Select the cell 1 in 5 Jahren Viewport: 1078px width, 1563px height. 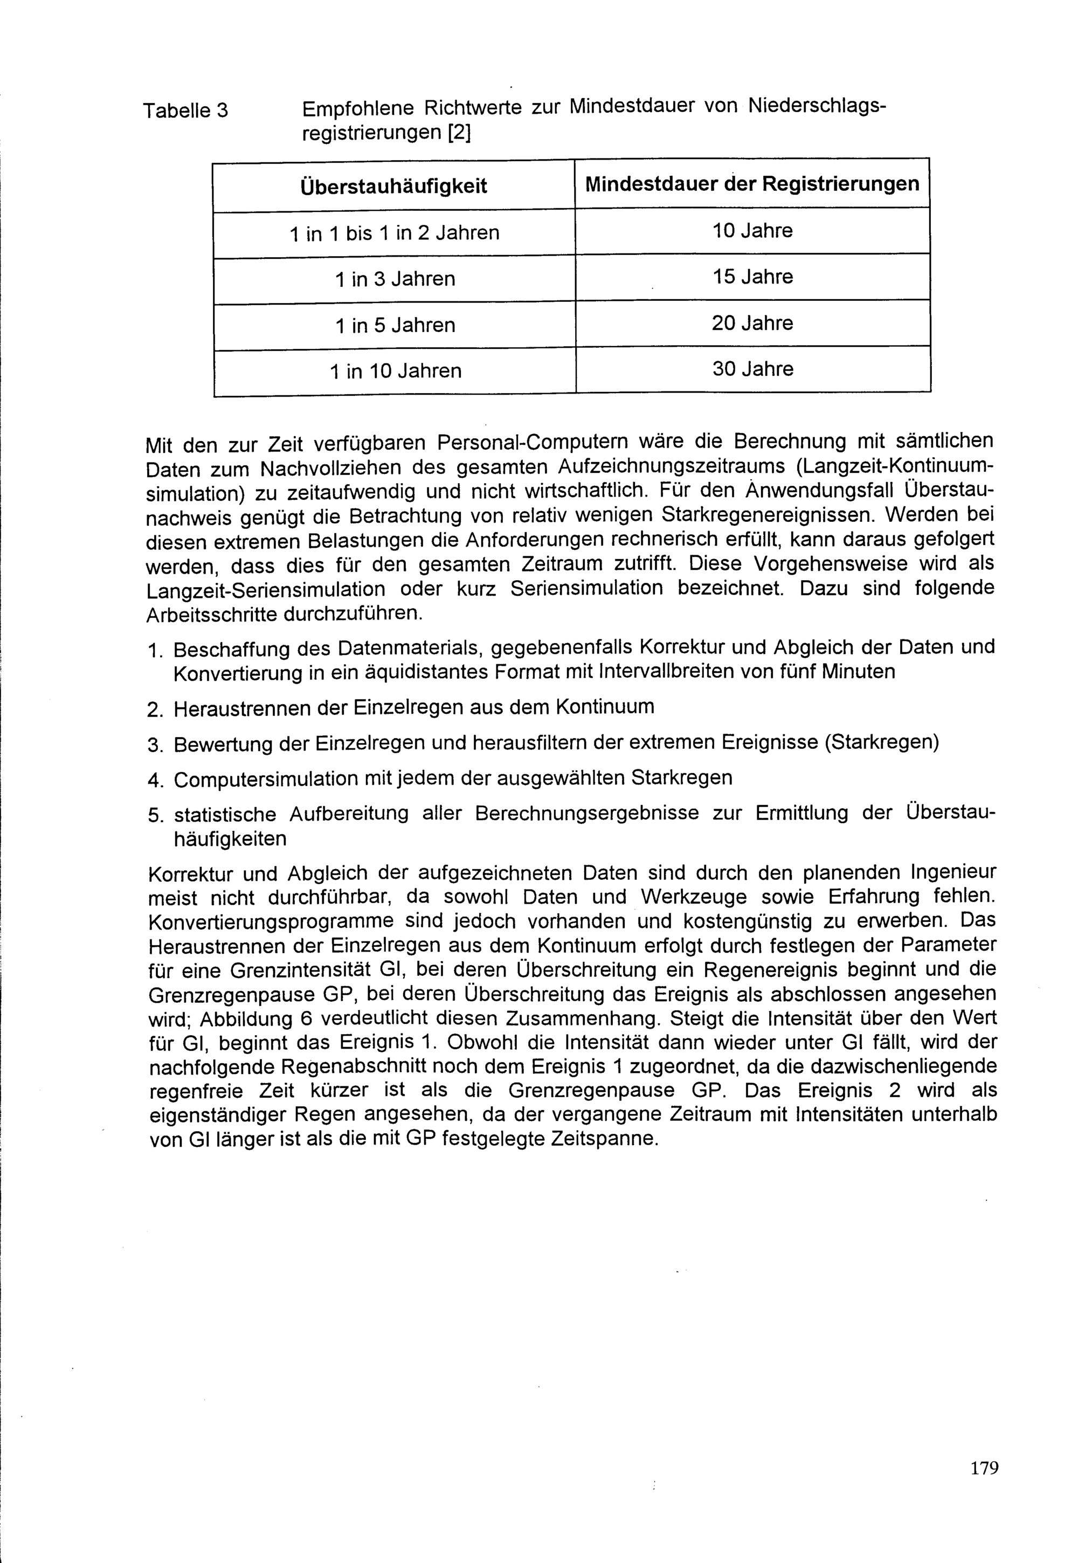point(395,326)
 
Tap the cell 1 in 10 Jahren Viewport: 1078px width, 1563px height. point(395,371)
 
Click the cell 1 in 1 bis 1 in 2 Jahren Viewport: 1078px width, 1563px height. point(395,233)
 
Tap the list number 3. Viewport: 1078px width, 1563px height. point(154,746)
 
